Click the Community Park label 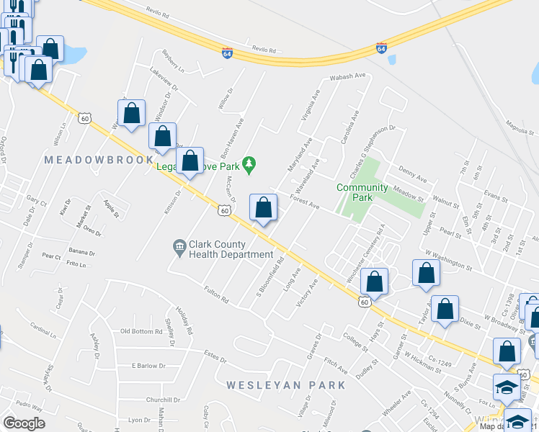click(x=362, y=192)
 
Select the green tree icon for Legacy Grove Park click(x=249, y=166)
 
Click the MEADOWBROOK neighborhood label click(x=99, y=159)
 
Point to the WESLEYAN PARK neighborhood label click(x=286, y=385)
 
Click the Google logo click(x=24, y=423)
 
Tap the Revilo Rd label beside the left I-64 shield click(x=264, y=50)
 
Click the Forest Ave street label click(x=304, y=201)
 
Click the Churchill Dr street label click(x=162, y=400)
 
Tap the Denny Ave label click(x=412, y=174)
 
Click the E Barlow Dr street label click(x=148, y=366)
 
